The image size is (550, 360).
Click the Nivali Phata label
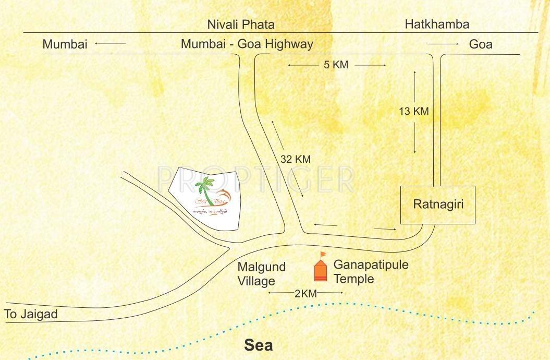pyautogui.click(x=241, y=25)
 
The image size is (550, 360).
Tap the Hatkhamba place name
pyautogui.click(x=437, y=24)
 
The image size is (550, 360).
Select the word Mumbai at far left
pyautogui.click(x=65, y=44)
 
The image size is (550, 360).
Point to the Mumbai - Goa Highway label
pyautogui.click(x=247, y=44)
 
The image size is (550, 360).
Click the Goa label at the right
pyautogui.click(x=481, y=44)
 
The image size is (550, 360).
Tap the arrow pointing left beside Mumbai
pyautogui.click(x=111, y=44)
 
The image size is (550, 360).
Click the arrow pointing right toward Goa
pyautogui.click(x=443, y=44)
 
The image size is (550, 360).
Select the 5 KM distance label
pyautogui.click(x=336, y=65)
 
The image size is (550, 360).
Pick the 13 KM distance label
pyautogui.click(x=413, y=111)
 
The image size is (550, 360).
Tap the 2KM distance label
pyautogui.click(x=305, y=294)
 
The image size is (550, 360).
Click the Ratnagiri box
pyautogui.click(x=437, y=205)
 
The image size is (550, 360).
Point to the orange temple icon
pyautogui.click(x=320, y=270)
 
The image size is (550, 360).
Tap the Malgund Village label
pyautogui.click(x=262, y=274)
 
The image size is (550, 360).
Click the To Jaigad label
pyautogui.click(x=30, y=315)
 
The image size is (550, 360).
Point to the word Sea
pyautogui.click(x=259, y=345)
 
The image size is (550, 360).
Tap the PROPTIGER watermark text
pyautogui.click(x=255, y=179)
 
